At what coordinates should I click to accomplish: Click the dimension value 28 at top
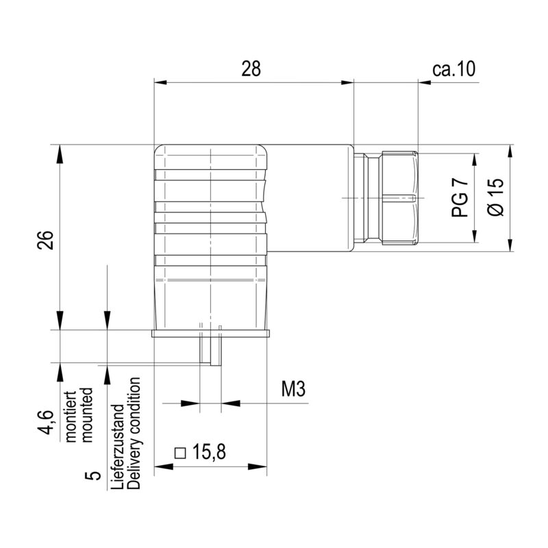(252, 68)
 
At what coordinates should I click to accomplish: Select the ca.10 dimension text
(454, 68)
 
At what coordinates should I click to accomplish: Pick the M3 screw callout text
(292, 390)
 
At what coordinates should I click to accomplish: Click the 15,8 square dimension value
(209, 452)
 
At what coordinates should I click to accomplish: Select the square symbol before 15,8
(181, 453)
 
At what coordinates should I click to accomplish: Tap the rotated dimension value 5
(95, 475)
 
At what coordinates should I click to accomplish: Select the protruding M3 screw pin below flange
(210, 351)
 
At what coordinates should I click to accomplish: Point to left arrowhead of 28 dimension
(160, 82)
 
